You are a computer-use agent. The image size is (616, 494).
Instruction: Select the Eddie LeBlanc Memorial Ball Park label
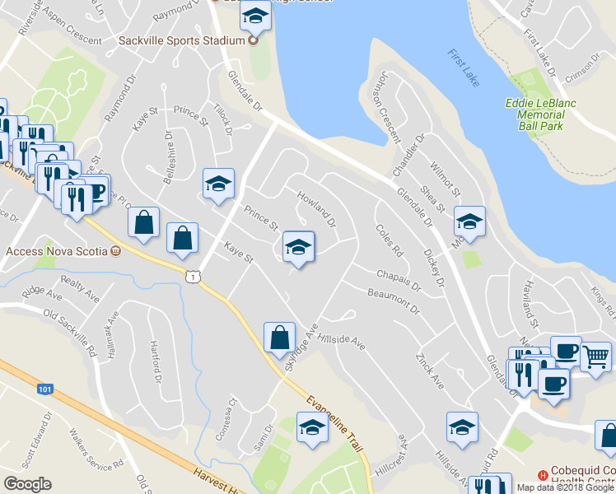pyautogui.click(x=540, y=115)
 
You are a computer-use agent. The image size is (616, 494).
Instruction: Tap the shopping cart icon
pyautogui.click(x=595, y=356)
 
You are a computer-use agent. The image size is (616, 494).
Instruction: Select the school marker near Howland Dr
pyautogui.click(x=298, y=246)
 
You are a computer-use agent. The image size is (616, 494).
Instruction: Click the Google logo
pyautogui.click(x=27, y=483)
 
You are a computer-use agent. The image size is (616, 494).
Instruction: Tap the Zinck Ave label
pyautogui.click(x=430, y=374)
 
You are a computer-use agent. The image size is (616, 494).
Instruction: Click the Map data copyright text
pyautogui.click(x=565, y=487)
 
